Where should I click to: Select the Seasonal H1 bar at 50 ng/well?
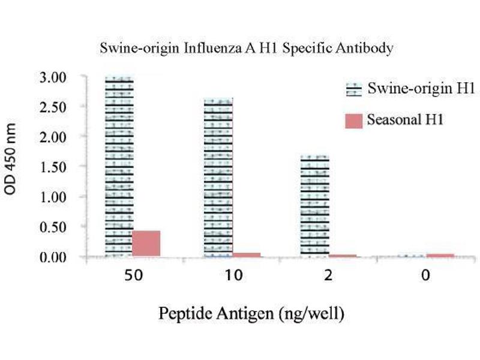pyautogui.click(x=146, y=243)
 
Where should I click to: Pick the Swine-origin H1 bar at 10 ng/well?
pyautogui.click(x=218, y=178)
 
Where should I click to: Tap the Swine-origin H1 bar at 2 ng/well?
pyautogui.click(x=314, y=206)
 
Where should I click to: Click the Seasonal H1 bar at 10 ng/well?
pyautogui.click(x=246, y=255)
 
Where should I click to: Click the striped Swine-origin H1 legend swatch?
pyautogui.click(x=354, y=91)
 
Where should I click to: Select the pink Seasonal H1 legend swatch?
pyautogui.click(x=354, y=121)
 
